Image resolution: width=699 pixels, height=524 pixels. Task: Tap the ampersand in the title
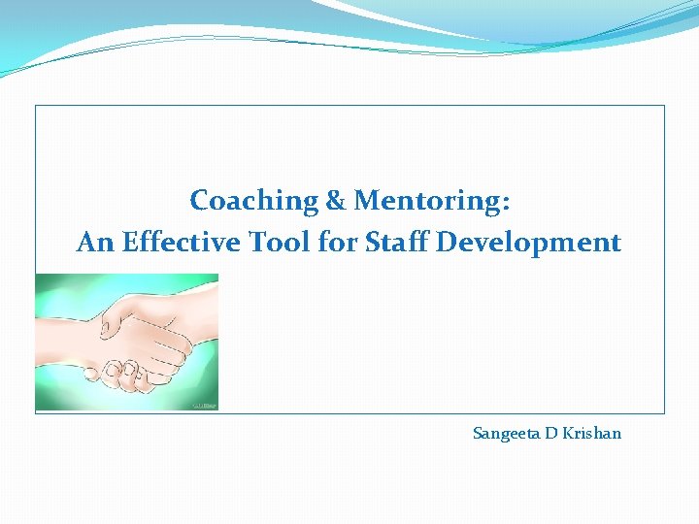tap(336, 201)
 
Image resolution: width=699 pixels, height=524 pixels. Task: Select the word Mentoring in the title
tap(426, 201)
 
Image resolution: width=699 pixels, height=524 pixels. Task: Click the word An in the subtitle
tap(95, 243)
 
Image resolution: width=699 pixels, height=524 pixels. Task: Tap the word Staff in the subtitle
tap(397, 243)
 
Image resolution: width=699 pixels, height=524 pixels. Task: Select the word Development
tap(528, 243)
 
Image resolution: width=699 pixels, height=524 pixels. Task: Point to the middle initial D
tap(550, 433)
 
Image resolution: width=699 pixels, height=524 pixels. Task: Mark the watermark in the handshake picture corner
tap(205, 405)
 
